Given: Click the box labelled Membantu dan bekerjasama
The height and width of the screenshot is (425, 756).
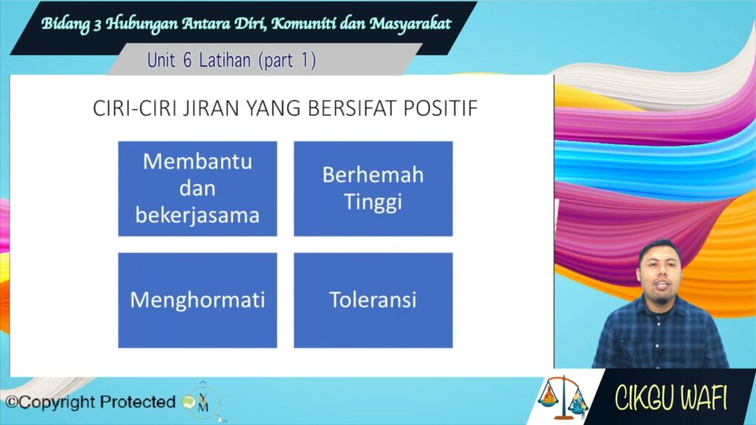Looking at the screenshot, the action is (x=198, y=188).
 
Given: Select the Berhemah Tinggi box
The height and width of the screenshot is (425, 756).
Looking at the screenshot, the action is (x=373, y=188).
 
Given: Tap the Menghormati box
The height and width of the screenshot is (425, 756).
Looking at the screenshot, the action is (x=198, y=300).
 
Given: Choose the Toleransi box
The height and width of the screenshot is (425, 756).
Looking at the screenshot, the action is (x=373, y=300).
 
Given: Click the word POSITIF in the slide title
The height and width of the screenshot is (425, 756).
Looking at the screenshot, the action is (x=440, y=108).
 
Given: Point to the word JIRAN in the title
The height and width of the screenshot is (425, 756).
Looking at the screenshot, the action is (x=210, y=108).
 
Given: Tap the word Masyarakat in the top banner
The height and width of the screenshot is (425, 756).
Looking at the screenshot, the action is (x=410, y=23).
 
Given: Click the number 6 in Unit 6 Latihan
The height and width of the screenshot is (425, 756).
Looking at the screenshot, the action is (x=188, y=61).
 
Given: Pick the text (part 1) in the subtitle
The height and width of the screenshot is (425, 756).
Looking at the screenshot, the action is (x=287, y=61).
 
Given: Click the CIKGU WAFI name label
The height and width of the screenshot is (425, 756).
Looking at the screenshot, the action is (x=670, y=398).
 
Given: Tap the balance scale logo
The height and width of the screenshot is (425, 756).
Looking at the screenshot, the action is (x=563, y=397).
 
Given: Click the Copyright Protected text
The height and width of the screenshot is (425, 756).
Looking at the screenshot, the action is (x=90, y=402).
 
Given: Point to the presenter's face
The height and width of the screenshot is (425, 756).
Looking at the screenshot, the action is (x=660, y=274).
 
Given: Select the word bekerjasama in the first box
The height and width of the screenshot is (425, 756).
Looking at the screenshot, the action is (x=198, y=215).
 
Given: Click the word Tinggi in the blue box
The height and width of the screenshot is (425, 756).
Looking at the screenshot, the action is (x=373, y=202).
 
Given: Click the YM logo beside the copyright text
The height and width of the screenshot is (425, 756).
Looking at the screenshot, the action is (x=202, y=401).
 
